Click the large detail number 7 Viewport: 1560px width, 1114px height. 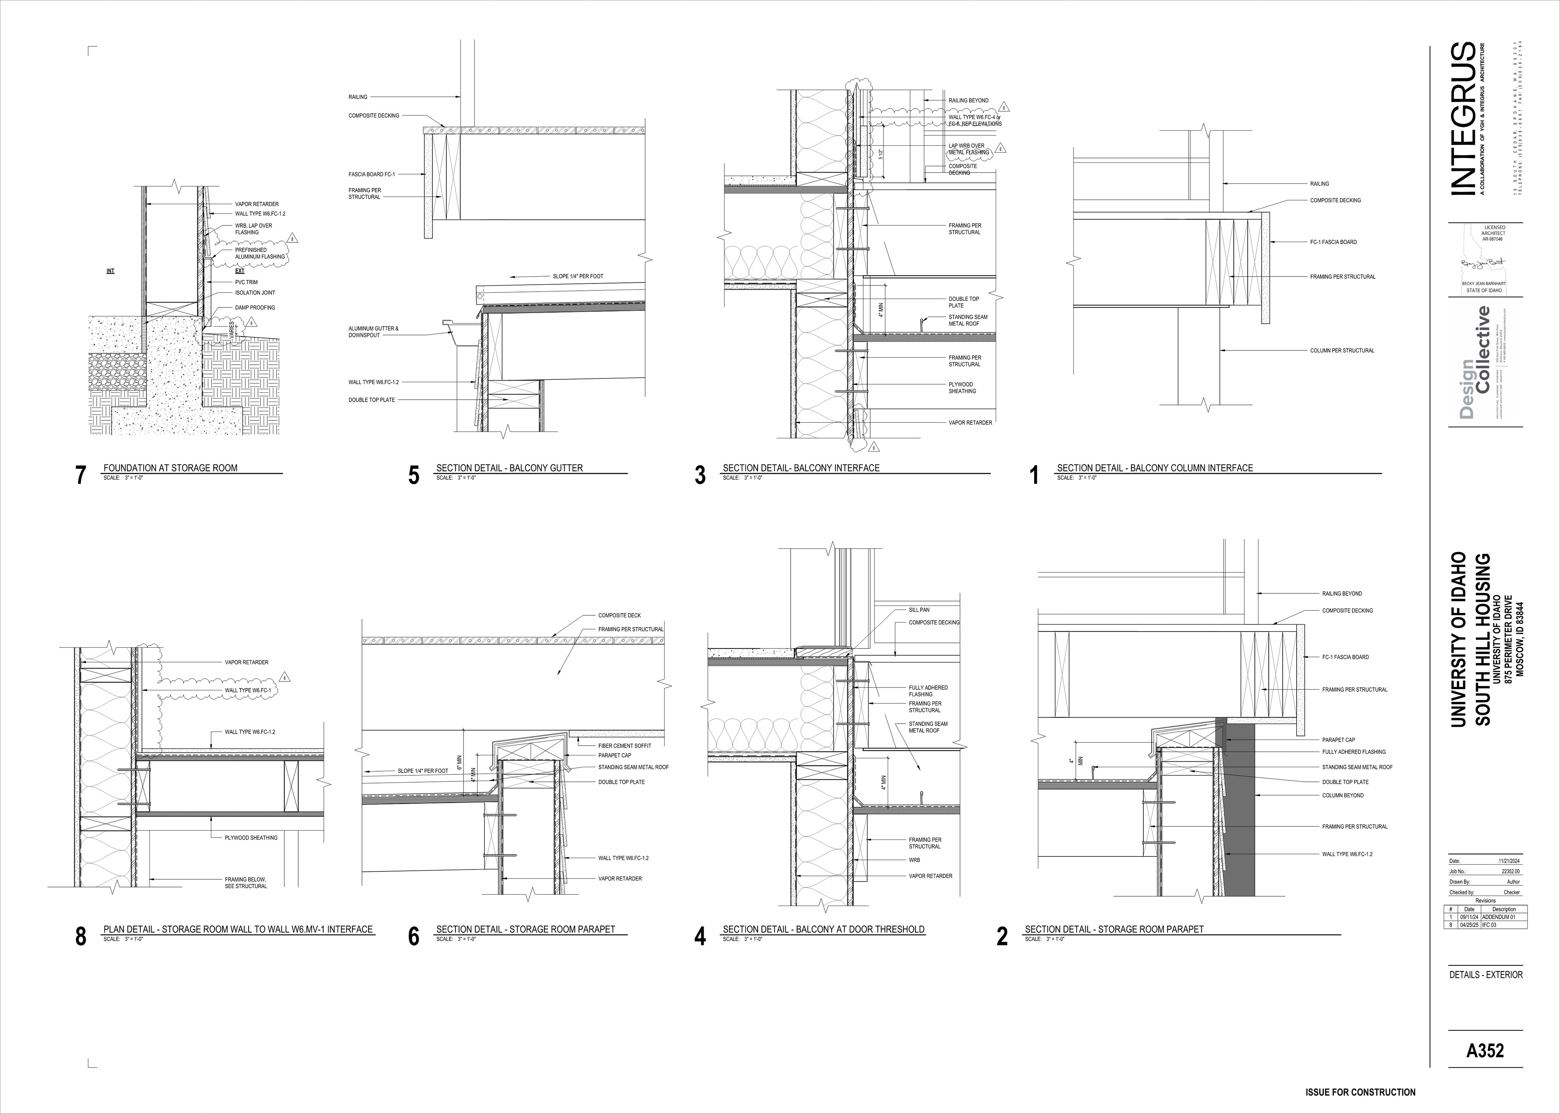point(81,476)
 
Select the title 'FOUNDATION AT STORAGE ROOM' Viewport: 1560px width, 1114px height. point(170,468)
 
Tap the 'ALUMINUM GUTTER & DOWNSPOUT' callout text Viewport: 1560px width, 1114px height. point(373,332)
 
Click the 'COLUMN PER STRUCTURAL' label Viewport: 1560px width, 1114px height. point(1342,350)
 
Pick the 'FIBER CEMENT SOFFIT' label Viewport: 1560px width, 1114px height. point(624,745)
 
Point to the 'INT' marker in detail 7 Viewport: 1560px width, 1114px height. point(110,271)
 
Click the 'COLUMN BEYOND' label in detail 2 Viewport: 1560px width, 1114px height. point(1343,796)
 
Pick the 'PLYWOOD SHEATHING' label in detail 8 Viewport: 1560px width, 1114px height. point(251,837)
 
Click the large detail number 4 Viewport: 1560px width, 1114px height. point(700,937)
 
